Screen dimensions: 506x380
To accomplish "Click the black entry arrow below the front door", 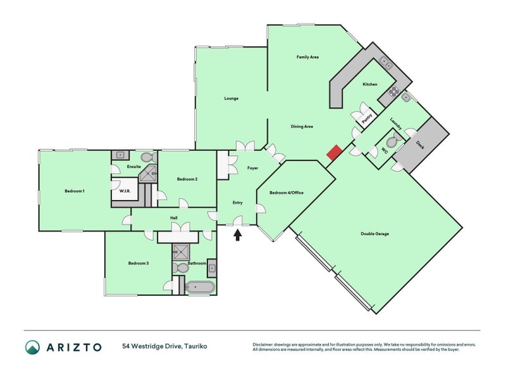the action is click(x=238, y=234).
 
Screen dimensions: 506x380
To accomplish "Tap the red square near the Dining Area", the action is click(x=335, y=152).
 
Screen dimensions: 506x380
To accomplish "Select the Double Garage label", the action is click(x=374, y=234).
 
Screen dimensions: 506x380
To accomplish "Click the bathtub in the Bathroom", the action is click(x=200, y=287).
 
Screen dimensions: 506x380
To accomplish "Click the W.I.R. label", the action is click(x=125, y=191).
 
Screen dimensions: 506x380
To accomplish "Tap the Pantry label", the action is click(x=367, y=118).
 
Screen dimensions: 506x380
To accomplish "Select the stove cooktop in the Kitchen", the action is click(x=393, y=91).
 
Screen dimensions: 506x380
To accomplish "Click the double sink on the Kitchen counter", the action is click(x=386, y=63).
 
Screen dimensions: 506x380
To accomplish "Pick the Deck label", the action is click(x=420, y=145).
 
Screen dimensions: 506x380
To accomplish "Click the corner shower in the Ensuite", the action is click(x=149, y=174).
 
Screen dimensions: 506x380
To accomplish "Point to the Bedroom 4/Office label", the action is click(x=287, y=193).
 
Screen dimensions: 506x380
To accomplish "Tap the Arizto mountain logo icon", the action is click(x=33, y=347).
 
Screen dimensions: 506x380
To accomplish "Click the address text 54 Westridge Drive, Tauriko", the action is click(x=164, y=346).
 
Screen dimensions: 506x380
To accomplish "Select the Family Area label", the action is click(x=307, y=57).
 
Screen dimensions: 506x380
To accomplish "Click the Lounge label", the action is click(x=231, y=98).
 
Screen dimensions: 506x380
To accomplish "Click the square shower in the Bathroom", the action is click(x=181, y=251).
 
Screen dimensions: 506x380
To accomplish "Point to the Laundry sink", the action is click(x=405, y=97).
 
